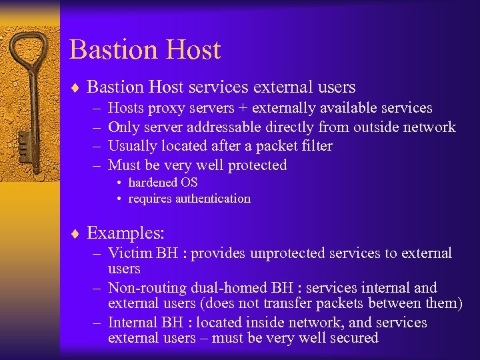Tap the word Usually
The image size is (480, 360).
point(134,146)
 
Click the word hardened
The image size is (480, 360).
point(153,183)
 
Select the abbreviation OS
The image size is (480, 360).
point(189,183)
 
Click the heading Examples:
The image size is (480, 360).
point(126,233)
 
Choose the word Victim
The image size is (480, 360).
point(130,253)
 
